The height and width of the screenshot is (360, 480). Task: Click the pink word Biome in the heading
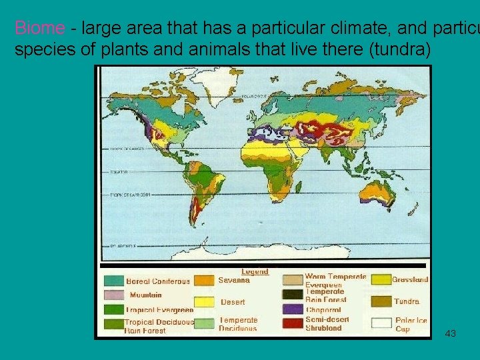tap(39, 28)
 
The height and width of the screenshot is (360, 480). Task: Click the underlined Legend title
tap(255, 271)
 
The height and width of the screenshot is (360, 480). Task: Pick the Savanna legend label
tap(234, 280)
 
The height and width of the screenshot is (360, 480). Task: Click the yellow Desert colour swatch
tap(205, 301)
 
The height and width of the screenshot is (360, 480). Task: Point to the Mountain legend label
tap(146, 295)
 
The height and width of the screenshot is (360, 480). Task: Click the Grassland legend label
tap(410, 279)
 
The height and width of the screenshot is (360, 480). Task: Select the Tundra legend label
tap(407, 301)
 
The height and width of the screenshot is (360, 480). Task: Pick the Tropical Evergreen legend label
tap(160, 309)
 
